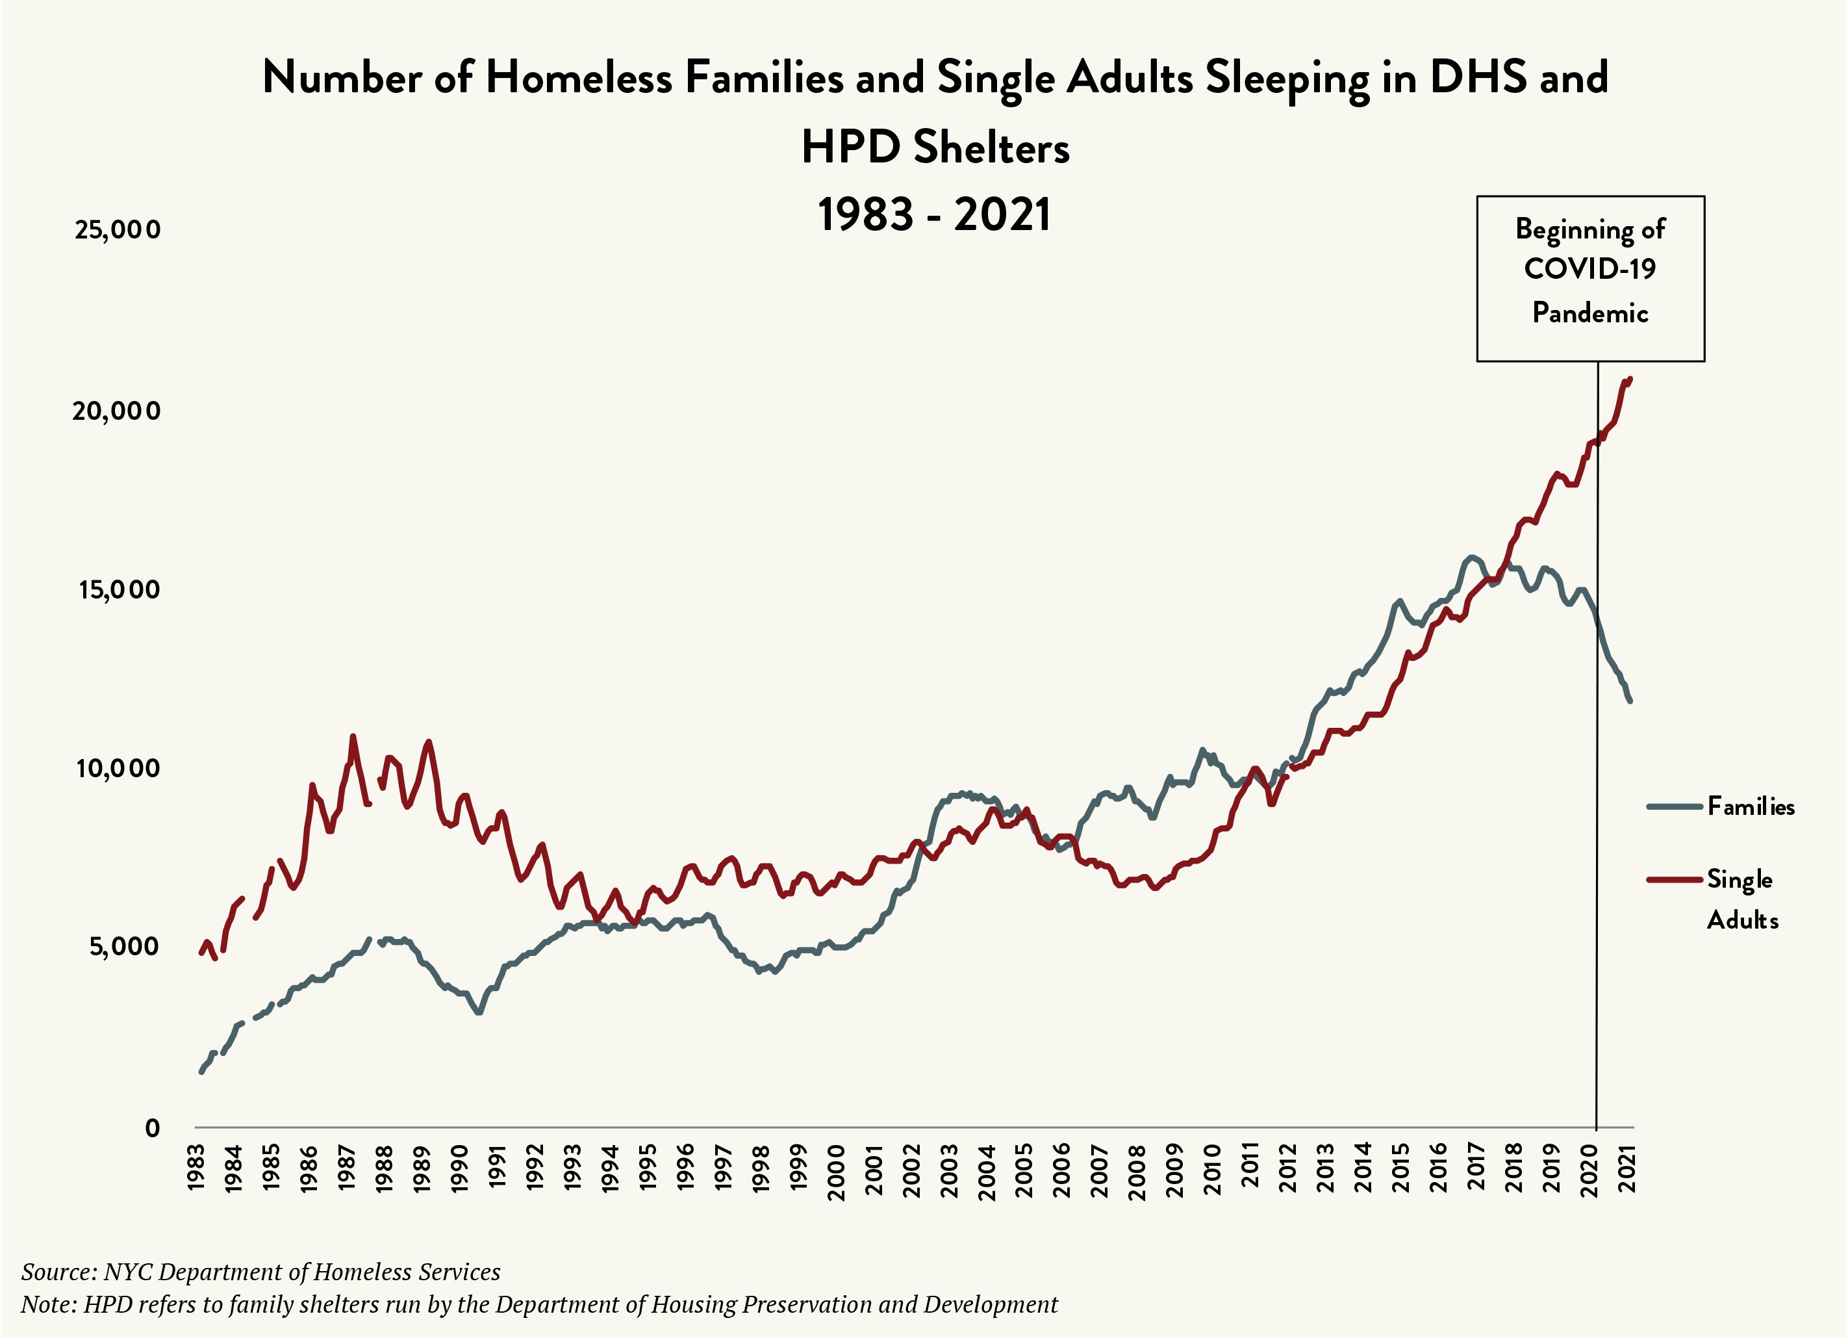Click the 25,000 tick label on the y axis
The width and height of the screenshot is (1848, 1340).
point(118,230)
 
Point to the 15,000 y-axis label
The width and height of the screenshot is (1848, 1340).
point(119,589)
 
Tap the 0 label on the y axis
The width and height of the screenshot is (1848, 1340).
point(153,1128)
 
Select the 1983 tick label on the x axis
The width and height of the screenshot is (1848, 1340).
point(196,1169)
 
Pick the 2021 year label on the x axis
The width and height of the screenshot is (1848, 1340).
point(1627,1169)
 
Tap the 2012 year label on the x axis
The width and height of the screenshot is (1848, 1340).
point(1288,1169)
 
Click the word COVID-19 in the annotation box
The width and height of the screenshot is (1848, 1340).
point(1589,269)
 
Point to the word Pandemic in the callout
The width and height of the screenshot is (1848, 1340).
point(1589,313)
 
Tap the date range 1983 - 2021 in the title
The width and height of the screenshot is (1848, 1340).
point(935,215)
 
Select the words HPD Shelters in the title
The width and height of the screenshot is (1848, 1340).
point(935,148)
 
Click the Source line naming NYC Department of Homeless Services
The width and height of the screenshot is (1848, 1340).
point(260,1272)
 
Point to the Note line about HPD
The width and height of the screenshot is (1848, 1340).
point(538,1304)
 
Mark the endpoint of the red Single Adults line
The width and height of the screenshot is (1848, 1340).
point(1630,378)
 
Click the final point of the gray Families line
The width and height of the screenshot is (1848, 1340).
point(1630,700)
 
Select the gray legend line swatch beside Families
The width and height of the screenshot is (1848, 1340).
point(1674,807)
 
